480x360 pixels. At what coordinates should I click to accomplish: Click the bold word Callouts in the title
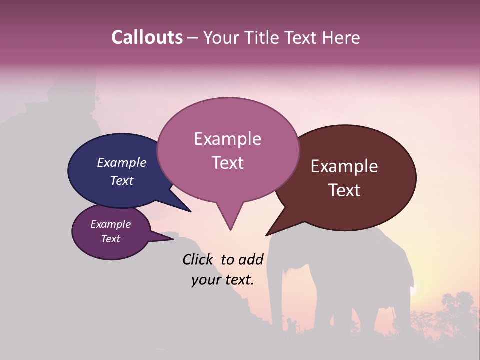[x=147, y=37]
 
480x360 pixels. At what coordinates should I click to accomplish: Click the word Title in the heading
[x=265, y=37]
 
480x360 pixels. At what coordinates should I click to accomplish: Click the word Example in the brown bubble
[x=344, y=166]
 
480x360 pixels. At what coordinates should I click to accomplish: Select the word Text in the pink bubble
[x=228, y=163]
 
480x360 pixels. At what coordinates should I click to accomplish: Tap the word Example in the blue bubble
[x=122, y=162]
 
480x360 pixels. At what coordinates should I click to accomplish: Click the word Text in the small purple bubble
[x=111, y=239]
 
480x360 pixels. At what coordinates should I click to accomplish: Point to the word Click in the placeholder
[x=198, y=259]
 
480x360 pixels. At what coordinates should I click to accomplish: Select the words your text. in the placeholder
[x=223, y=280]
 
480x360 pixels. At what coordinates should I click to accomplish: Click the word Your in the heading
[x=221, y=37]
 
